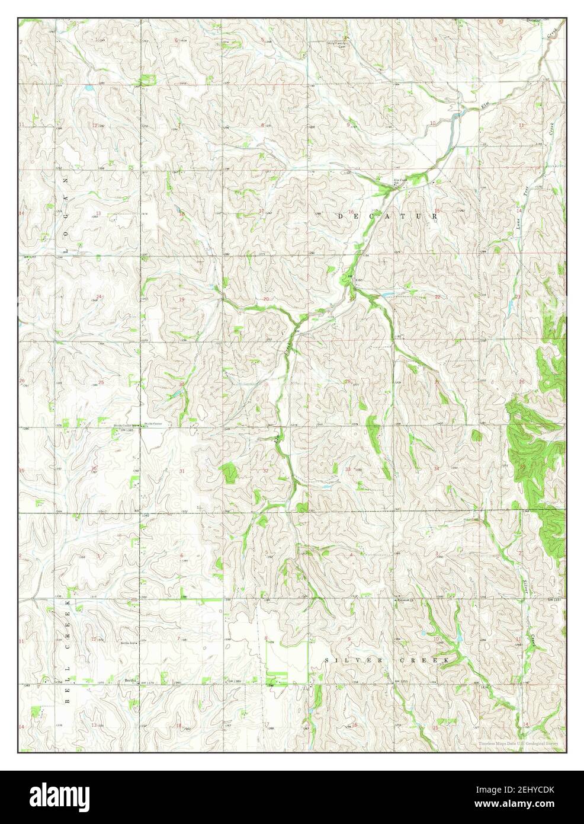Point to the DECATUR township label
tap(387, 217)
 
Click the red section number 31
tap(182, 471)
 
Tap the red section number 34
tap(437, 469)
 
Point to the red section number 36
tap(94, 469)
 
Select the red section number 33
tap(348, 469)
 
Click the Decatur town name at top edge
tap(534, 20)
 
